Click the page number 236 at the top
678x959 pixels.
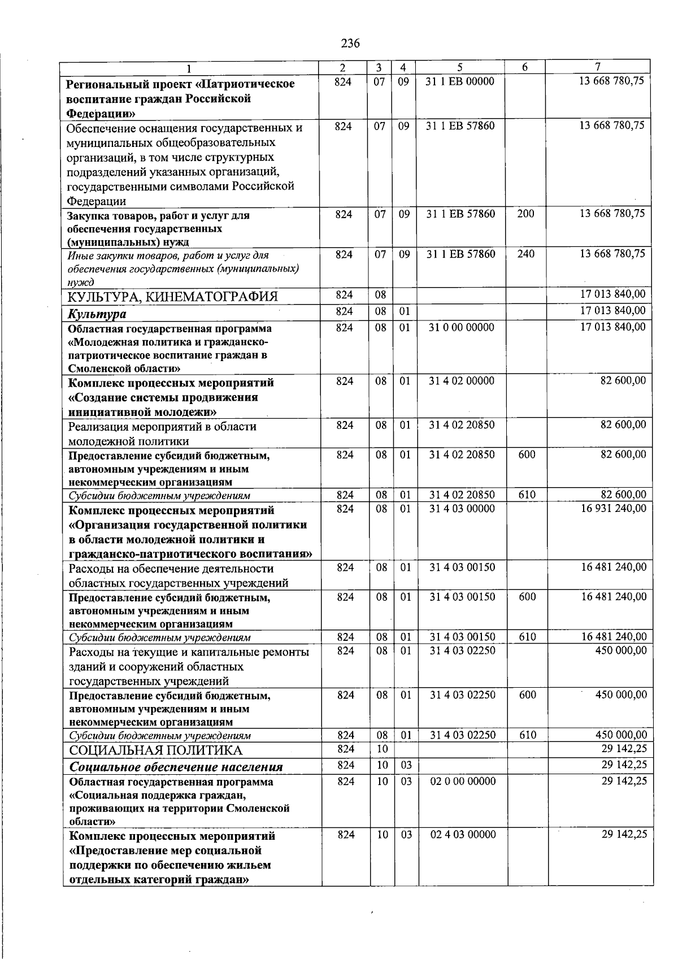(350, 44)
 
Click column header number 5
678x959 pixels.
(460, 67)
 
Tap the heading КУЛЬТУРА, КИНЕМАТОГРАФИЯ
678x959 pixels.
(173, 297)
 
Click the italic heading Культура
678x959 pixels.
(97, 314)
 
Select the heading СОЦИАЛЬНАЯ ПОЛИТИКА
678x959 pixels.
(155, 750)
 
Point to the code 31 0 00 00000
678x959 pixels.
(461, 327)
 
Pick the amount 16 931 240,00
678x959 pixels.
(613, 509)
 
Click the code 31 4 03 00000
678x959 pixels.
(462, 509)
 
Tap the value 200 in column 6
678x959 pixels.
(525, 214)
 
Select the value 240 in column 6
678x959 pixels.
(525, 254)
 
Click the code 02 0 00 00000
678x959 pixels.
(463, 781)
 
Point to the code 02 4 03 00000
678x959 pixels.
(463, 834)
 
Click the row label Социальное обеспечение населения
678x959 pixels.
(176, 767)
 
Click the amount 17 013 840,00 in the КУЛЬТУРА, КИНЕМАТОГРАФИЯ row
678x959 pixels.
(612, 294)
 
